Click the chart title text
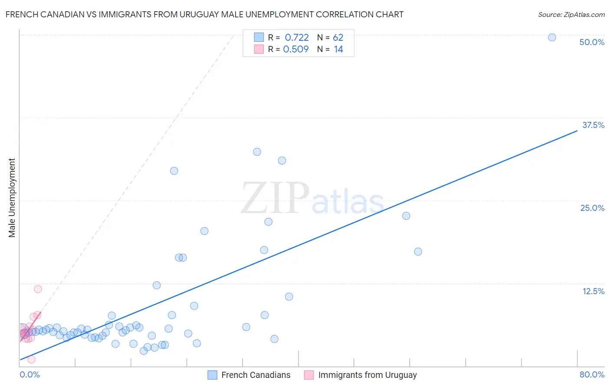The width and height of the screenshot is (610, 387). click(x=204, y=15)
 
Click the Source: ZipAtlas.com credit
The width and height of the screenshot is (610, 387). click(x=571, y=15)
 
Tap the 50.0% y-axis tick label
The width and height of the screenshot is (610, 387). click(x=592, y=42)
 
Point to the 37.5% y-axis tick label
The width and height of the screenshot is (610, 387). click(x=593, y=125)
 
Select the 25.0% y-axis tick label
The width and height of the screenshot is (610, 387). click(x=592, y=208)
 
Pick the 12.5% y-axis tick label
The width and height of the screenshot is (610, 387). click(x=593, y=291)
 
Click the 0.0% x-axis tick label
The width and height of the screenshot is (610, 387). click(x=30, y=374)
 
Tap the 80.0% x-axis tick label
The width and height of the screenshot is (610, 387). click(x=592, y=374)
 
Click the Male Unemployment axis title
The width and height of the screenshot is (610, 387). click(x=12, y=198)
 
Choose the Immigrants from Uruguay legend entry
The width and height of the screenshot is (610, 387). click(x=361, y=375)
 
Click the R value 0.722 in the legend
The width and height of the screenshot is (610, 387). click(x=297, y=38)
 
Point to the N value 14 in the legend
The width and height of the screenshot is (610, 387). click(x=338, y=49)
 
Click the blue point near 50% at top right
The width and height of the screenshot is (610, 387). click(x=552, y=37)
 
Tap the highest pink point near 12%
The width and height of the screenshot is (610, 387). click(x=38, y=289)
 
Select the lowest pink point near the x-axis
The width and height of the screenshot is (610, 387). click(x=31, y=359)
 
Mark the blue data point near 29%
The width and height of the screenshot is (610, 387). click(x=174, y=171)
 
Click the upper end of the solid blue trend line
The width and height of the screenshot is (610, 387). click(x=577, y=130)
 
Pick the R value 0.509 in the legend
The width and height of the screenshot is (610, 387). click(x=296, y=49)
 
